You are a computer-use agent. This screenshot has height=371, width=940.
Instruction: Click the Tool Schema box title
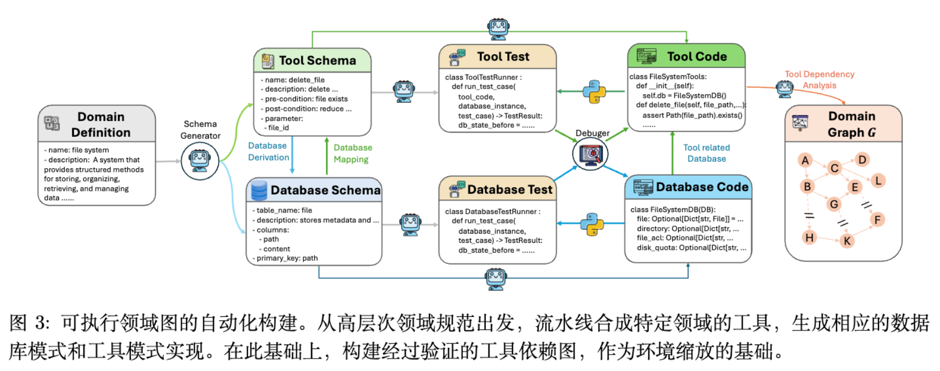pos(317,61)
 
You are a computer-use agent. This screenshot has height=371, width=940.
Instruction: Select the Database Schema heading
pos(325,190)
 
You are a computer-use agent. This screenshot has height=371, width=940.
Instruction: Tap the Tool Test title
pos(503,57)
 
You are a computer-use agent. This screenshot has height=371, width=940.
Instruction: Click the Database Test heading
pos(509,189)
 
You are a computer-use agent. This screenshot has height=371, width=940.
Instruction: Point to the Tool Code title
pos(697,57)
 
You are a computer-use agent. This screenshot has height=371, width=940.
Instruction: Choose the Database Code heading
pos(702,187)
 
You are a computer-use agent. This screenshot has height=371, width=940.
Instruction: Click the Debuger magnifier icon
pos(591,154)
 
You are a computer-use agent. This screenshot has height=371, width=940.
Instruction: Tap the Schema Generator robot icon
pos(200,161)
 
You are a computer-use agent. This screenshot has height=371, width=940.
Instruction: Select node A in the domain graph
pos(805,160)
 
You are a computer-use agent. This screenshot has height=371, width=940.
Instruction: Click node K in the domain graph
pos(847,241)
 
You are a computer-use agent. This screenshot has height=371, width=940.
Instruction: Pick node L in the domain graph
pos(878,181)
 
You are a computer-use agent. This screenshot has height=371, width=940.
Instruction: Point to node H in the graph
pos(809,237)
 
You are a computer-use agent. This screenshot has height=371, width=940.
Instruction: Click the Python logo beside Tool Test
pos(594,91)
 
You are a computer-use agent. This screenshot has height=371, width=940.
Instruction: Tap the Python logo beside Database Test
pos(592,223)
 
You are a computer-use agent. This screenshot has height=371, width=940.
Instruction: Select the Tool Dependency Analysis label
pos(819,79)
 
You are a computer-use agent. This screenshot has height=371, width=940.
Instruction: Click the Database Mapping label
pos(353,154)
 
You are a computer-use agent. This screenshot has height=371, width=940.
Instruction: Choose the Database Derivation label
pos(268,152)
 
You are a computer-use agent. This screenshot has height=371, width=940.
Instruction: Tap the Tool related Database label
pos(706,153)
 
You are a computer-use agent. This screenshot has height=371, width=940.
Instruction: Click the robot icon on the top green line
pos(498,28)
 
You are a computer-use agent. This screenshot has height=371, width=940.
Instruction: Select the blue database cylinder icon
pos(259,190)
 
